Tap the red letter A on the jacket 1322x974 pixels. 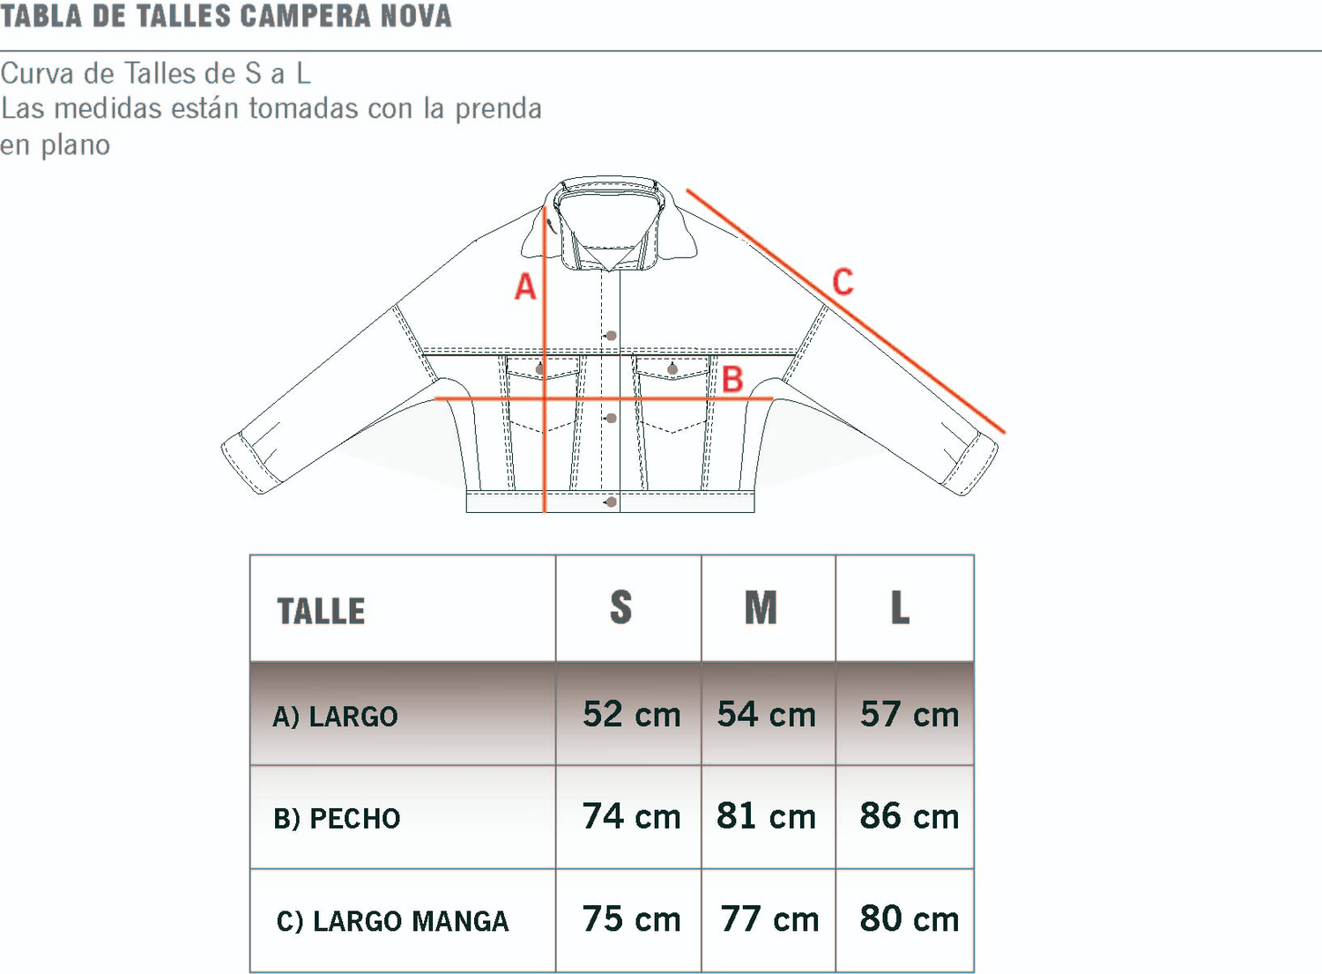click(x=525, y=287)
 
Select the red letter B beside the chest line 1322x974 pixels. click(x=732, y=380)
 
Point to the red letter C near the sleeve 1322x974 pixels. click(x=843, y=282)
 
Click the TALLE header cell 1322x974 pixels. click(x=321, y=611)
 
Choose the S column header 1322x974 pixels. click(x=620, y=608)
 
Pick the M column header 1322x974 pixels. click(x=761, y=608)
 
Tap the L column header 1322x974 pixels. click(x=900, y=608)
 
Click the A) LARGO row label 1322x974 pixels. click(x=335, y=717)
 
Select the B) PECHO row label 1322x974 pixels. click(x=337, y=819)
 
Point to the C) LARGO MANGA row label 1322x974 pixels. click(x=392, y=921)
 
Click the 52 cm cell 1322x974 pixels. click(x=631, y=715)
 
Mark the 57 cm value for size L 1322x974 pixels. click(x=909, y=715)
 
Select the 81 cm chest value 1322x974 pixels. click(x=766, y=817)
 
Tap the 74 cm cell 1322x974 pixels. click(x=631, y=817)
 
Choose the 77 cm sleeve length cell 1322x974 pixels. click(x=769, y=919)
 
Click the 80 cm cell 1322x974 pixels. click(x=909, y=919)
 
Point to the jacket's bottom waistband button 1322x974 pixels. click(x=611, y=502)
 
